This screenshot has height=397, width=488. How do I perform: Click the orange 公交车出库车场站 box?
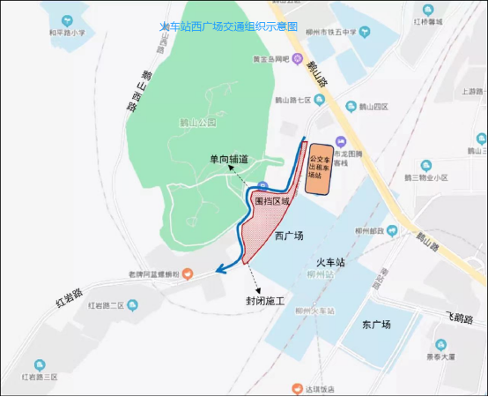[x=319, y=166]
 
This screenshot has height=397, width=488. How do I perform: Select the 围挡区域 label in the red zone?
[x=271, y=201]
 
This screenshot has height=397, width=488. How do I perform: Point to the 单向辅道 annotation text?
[x=228, y=159]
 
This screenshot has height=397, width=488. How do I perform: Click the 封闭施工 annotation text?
[x=264, y=302]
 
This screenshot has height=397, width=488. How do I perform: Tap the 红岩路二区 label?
[x=109, y=305]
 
